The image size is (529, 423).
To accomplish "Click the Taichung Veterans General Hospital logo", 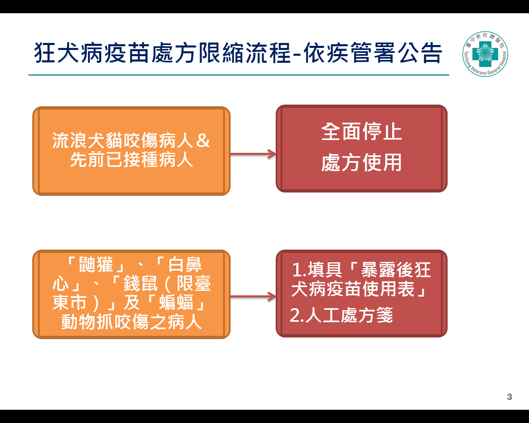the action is [x=485, y=54].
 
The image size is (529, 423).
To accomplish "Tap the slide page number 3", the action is [x=509, y=397].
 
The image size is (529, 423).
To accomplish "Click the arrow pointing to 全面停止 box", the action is [x=253, y=154].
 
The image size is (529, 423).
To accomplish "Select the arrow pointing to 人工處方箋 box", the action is [x=253, y=297].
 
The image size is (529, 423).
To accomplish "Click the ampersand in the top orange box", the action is [x=203, y=140].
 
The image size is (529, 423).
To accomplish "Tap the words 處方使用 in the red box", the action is [x=361, y=162].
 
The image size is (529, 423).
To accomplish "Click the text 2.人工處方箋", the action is [x=341, y=315].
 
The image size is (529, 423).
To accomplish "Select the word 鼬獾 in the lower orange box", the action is [x=95, y=264].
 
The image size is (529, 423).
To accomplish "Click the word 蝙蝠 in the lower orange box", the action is [x=176, y=302].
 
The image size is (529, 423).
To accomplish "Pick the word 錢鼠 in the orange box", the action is [x=141, y=283].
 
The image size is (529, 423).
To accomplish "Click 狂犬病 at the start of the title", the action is [x=68, y=52].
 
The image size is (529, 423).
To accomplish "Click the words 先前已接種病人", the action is [x=131, y=160].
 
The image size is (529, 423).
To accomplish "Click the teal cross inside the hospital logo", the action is [x=485, y=54].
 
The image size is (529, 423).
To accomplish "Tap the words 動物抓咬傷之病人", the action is [x=131, y=321].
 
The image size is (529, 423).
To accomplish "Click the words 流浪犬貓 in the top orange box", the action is [x=87, y=140].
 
